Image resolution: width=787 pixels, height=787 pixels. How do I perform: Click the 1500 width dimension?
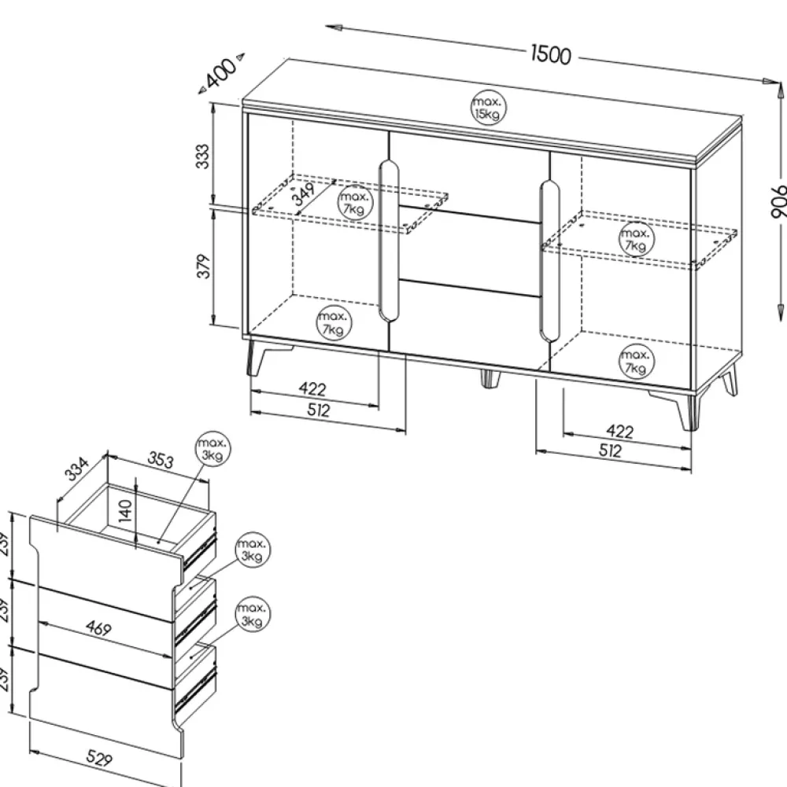click(551, 54)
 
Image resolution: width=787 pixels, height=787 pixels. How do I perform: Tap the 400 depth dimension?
click(222, 73)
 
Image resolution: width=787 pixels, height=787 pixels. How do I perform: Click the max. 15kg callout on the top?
click(488, 108)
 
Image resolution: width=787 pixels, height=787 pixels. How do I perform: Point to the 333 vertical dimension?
click(202, 156)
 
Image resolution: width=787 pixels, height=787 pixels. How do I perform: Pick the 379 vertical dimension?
click(203, 266)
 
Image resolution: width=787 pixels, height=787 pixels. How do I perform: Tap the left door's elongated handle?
click(389, 241)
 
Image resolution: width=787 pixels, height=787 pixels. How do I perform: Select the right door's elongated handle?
click(549, 262)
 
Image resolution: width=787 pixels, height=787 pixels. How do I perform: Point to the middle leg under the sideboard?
click(490, 378)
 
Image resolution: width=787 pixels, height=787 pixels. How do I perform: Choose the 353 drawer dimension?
click(161, 459)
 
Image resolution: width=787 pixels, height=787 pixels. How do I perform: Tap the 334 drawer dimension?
click(77, 469)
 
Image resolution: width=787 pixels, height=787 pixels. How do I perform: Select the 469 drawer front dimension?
click(98, 627)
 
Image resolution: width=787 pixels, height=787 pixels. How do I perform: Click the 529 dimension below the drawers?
click(98, 758)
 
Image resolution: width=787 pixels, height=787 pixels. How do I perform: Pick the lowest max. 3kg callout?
click(253, 614)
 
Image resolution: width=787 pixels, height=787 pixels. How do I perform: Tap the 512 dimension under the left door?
click(318, 410)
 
